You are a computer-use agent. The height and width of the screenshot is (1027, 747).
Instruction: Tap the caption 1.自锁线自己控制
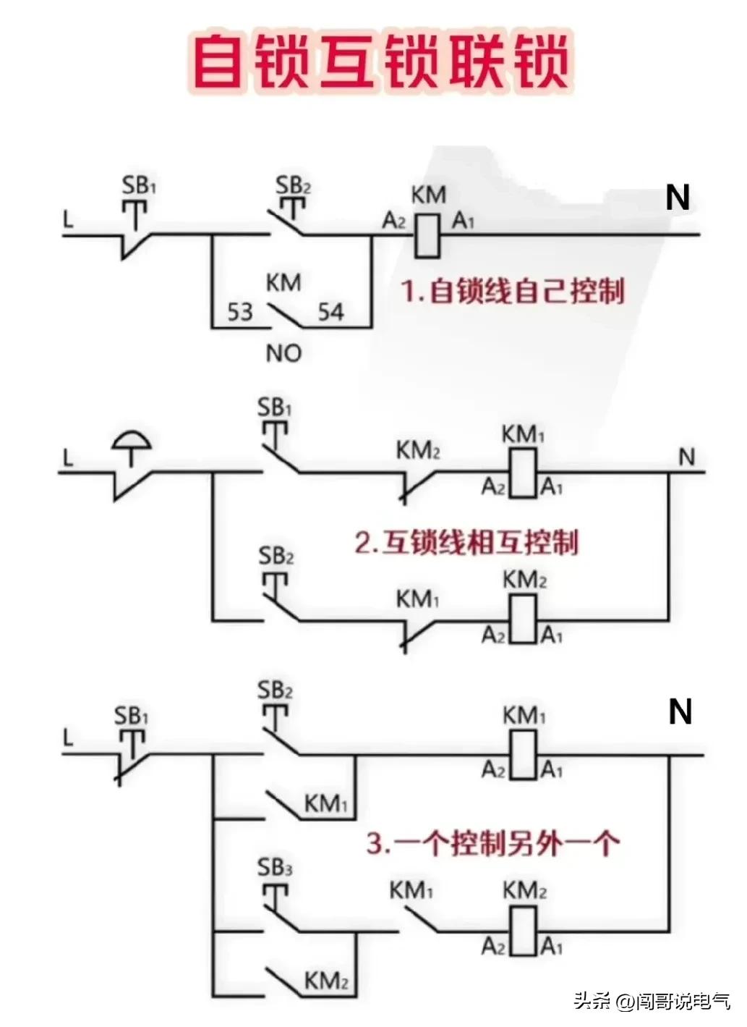click(x=512, y=292)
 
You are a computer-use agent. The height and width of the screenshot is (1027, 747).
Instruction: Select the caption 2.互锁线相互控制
click(x=466, y=542)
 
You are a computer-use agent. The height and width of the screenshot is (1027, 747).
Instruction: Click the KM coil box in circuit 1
click(x=427, y=235)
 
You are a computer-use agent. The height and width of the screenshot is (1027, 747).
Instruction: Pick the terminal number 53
click(x=240, y=312)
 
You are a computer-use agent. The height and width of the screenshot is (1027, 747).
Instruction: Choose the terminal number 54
click(x=330, y=312)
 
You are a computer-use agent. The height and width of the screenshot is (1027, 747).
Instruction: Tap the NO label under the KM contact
click(x=283, y=353)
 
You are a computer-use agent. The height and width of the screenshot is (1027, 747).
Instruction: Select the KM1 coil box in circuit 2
click(x=523, y=473)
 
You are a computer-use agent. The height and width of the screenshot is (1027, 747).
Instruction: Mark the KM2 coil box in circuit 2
click(x=523, y=620)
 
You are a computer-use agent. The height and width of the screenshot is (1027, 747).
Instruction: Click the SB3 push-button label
click(x=275, y=867)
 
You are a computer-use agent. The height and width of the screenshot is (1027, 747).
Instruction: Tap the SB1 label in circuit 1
click(x=139, y=185)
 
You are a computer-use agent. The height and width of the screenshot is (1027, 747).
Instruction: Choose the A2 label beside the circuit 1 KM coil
click(x=394, y=221)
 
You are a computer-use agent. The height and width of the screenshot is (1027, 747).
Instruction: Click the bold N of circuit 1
click(x=678, y=198)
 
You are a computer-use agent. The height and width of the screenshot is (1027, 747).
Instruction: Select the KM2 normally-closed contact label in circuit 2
click(x=418, y=451)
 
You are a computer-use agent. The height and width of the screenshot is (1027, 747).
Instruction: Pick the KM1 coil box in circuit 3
click(x=523, y=755)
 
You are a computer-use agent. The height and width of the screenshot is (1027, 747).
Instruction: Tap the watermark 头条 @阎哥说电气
click(x=652, y=1001)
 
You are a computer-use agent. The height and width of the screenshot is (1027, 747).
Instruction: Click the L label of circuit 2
click(x=68, y=458)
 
